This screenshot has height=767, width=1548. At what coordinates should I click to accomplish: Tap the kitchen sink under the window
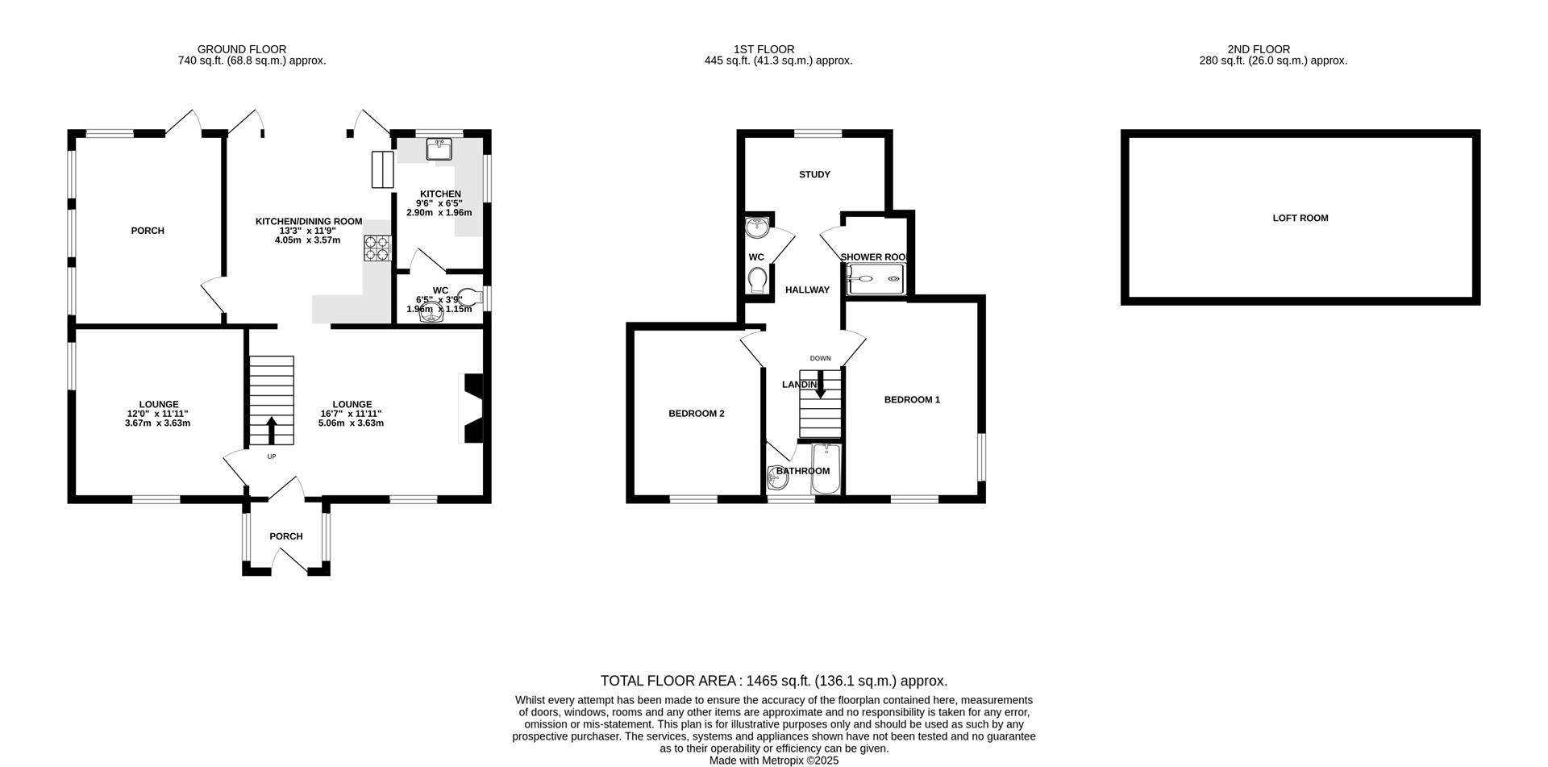pos(440,149)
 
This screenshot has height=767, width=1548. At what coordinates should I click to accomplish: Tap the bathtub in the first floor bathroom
pos(826,469)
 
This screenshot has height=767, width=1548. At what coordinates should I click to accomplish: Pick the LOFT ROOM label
pos(1300,218)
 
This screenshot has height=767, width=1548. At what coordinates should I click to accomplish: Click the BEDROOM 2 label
pos(696,414)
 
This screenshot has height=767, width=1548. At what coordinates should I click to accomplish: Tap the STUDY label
pos(814,175)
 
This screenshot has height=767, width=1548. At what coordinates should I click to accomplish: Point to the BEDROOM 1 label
pos(912,400)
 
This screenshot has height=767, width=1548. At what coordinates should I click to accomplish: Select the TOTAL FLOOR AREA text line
pos(773,682)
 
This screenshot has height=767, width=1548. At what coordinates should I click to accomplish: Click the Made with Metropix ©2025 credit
pos(773,761)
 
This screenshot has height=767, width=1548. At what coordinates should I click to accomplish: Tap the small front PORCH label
pos(285,536)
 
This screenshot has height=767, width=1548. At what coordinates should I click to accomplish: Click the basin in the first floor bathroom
pos(778,478)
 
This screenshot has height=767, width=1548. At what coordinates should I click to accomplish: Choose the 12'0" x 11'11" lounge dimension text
pos(158,414)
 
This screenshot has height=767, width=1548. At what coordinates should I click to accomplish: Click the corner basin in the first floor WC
pos(756,227)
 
